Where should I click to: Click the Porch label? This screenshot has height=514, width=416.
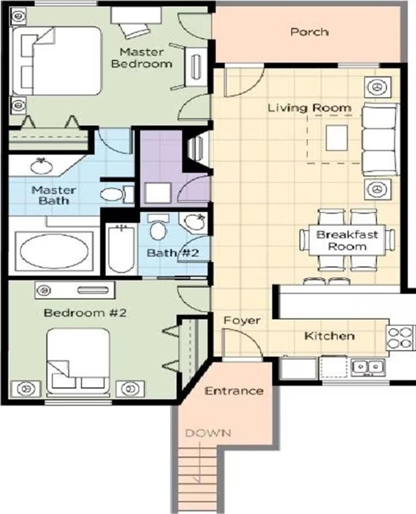(309, 32)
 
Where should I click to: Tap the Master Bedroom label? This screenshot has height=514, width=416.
(142, 58)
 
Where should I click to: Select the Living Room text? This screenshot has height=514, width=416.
(309, 108)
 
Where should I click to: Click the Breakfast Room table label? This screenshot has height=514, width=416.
(347, 240)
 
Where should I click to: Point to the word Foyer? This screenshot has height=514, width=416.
(242, 320)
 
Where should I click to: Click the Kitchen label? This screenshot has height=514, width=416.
(330, 336)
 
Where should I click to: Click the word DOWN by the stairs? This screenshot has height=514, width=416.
(208, 433)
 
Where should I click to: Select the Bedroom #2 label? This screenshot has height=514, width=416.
(85, 313)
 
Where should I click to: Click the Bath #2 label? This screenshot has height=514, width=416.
(173, 253)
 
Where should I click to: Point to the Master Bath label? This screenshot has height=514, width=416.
(54, 196)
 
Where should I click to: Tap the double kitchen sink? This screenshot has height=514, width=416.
(368, 367)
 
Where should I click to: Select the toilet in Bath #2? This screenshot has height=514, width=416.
(158, 227)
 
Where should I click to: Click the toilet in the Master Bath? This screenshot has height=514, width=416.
(117, 194)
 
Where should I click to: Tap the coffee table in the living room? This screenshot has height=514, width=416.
(337, 138)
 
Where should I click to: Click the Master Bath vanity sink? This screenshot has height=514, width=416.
(42, 166)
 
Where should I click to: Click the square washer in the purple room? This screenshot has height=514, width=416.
(158, 193)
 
